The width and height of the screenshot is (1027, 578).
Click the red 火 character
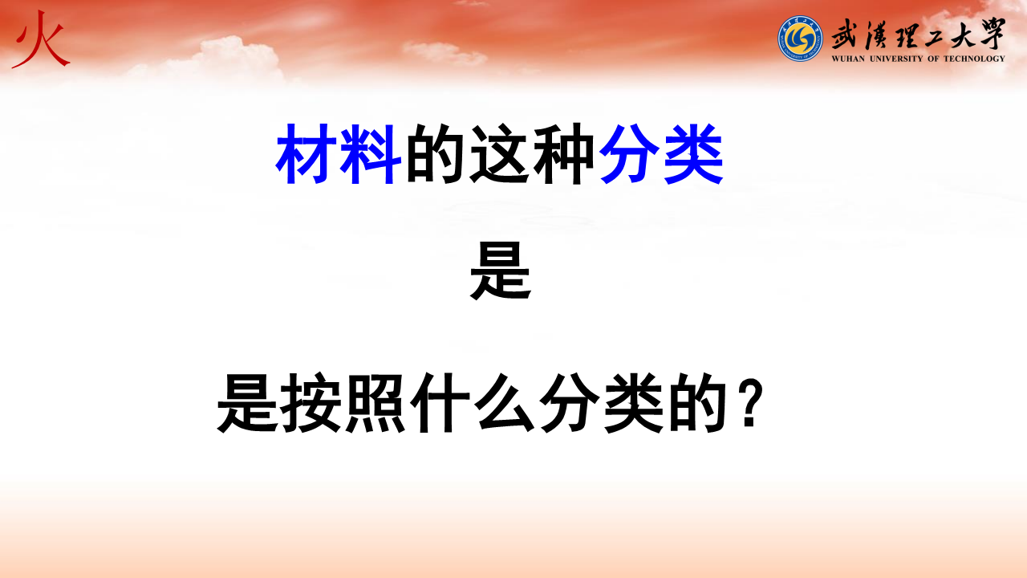41,40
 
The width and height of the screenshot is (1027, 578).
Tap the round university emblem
800,39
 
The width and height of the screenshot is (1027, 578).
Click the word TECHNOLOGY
974,59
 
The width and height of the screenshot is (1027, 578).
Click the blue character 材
306,153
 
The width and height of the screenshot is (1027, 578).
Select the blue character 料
371,153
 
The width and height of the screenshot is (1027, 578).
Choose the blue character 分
630,153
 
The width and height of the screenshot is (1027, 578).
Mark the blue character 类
694,153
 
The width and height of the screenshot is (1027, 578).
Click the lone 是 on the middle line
501,271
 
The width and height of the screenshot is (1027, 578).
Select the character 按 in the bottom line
311,402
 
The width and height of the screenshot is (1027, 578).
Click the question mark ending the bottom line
750,404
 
